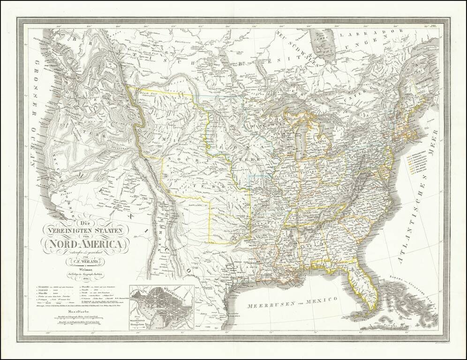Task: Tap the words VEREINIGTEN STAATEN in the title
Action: (x=85, y=230)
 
